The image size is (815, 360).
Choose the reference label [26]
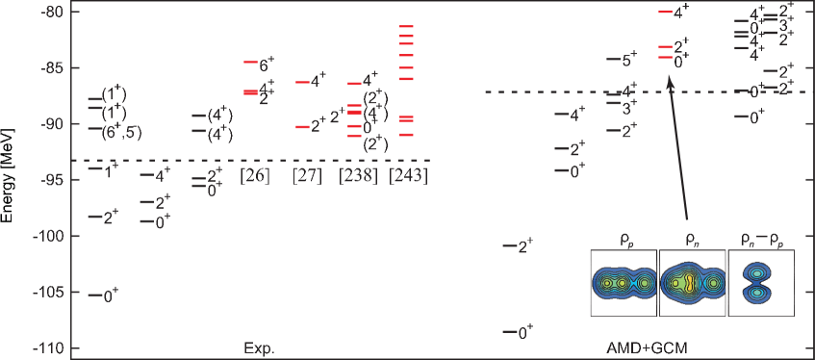point(255,176)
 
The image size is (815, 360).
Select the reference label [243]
point(408,176)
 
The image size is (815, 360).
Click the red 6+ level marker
point(250,62)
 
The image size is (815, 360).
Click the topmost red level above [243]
point(407,26)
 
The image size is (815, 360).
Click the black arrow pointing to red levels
point(677,144)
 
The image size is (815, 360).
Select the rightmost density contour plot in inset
point(760,282)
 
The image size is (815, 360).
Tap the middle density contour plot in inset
point(692,282)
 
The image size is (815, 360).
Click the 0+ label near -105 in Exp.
point(112,296)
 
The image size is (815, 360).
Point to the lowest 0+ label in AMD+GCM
point(525,332)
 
